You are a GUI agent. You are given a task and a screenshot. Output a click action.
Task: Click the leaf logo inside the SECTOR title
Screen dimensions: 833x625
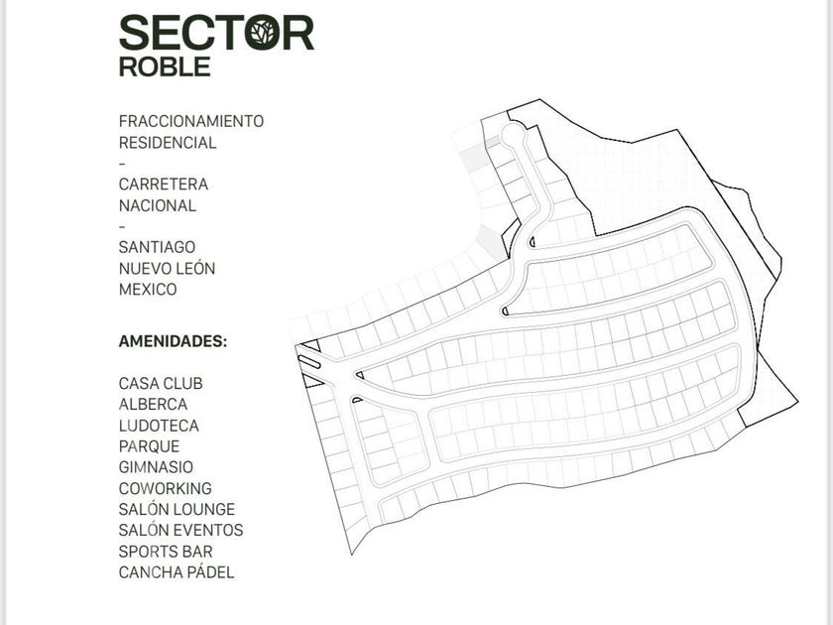coord(263,33)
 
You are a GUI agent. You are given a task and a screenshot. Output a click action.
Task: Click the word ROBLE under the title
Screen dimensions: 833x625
coord(165,67)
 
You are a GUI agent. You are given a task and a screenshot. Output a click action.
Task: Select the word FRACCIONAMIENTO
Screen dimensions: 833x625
coord(191,121)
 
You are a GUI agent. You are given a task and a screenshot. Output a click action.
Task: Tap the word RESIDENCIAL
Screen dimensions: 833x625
coord(168,143)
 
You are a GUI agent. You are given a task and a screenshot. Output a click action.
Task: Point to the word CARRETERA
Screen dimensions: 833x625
coord(163,184)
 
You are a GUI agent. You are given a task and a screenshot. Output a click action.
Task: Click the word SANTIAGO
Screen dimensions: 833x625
coord(157,247)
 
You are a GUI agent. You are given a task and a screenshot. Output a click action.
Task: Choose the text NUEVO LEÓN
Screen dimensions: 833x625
coord(167,268)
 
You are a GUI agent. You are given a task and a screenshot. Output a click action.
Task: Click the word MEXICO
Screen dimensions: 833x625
coord(148,289)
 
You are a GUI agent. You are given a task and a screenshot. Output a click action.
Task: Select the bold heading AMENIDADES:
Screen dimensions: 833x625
coord(173,341)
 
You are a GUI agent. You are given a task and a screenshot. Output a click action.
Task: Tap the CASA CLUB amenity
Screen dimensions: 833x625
coord(161,383)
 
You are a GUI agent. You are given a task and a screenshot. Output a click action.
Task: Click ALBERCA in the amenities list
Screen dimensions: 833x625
coord(153,405)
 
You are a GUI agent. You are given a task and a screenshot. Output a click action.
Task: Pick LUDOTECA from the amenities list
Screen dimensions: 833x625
coord(159,426)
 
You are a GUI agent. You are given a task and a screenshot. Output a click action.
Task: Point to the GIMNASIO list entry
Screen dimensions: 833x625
coord(156,467)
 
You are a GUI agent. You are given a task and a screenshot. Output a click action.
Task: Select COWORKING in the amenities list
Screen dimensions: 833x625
coord(166,488)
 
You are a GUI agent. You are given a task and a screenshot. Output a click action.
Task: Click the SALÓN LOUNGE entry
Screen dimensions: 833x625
coord(177,509)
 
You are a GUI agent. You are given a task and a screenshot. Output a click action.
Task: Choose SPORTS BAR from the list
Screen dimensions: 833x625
coord(166,552)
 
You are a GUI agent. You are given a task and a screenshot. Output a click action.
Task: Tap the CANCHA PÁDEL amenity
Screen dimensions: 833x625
coord(177,571)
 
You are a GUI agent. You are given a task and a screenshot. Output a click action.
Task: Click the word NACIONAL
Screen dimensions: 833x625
coord(158,205)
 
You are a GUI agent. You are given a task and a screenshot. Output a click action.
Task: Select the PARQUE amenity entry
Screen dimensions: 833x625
coord(149,446)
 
